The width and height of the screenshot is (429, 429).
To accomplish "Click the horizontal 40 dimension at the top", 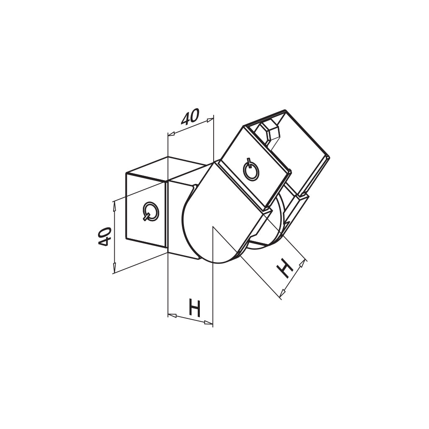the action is pyautogui.click(x=191, y=117).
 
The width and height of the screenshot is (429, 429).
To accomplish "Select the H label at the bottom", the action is pyautogui.click(x=195, y=308).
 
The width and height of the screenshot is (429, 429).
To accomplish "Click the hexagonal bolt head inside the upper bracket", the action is pyautogui.click(x=269, y=132).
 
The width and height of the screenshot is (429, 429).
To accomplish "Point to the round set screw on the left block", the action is pyautogui.click(x=151, y=212).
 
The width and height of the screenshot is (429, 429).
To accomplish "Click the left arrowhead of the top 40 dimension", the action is pyautogui.click(x=171, y=134).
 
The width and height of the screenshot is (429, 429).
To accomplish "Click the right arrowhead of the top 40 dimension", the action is pyautogui.click(x=210, y=120).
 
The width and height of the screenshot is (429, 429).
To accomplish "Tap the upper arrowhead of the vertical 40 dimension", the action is pyautogui.click(x=114, y=205).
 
